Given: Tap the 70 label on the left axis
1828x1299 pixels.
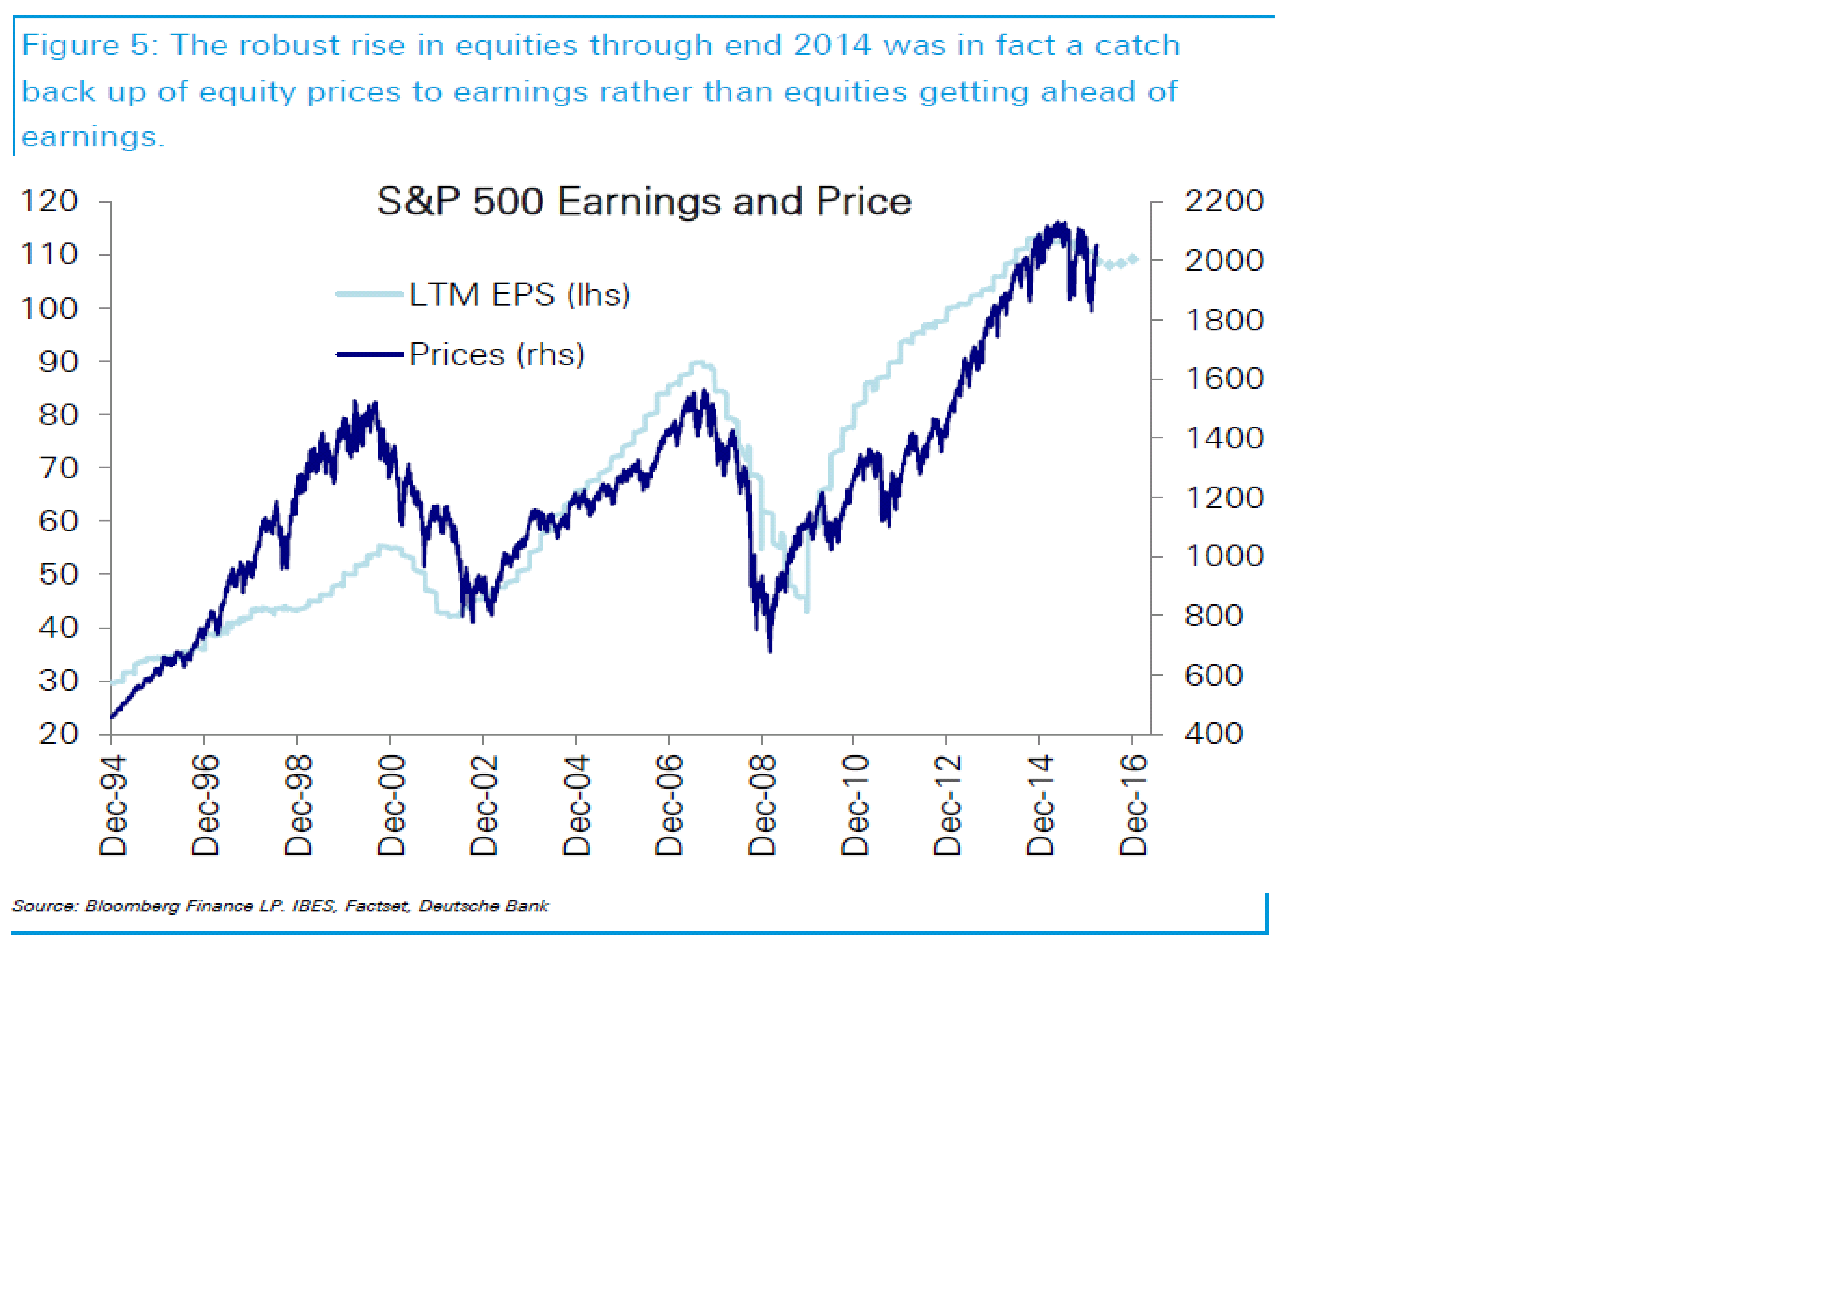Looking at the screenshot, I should click(58, 468).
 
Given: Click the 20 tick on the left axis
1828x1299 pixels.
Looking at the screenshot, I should click(58, 733).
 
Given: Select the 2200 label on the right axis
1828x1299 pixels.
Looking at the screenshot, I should click(1223, 201).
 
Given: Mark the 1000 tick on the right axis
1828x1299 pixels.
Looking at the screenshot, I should click(1223, 556).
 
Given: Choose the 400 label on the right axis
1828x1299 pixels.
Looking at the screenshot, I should click(1214, 733).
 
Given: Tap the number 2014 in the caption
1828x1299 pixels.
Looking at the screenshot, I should click(832, 45).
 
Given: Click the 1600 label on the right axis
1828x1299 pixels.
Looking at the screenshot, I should click(1223, 378).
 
